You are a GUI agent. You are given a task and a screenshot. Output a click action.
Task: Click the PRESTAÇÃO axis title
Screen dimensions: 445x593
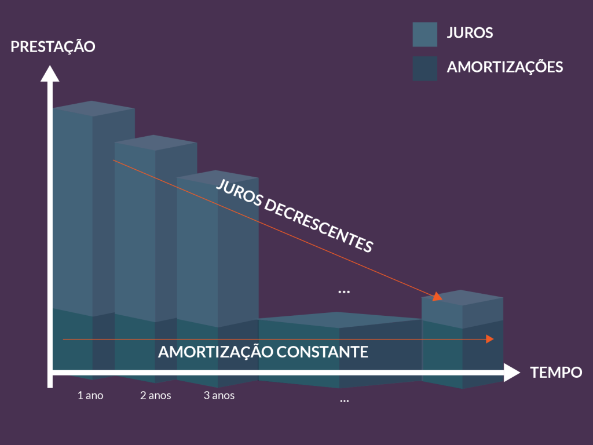[x=53, y=47]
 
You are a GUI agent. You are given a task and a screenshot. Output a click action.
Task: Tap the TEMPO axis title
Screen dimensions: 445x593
[x=556, y=373]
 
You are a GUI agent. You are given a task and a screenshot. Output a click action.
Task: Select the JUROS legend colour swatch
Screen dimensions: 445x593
[x=424, y=34]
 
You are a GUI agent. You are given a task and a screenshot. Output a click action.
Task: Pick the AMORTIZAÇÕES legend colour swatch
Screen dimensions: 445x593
[x=424, y=68]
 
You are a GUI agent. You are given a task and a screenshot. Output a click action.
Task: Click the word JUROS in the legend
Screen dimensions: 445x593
[x=470, y=33]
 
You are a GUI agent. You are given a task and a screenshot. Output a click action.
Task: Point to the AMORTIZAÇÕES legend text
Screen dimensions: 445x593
[x=504, y=67]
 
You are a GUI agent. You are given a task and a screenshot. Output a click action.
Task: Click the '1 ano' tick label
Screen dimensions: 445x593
[x=90, y=396]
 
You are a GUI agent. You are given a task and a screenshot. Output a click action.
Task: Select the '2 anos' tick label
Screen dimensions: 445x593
[x=155, y=396]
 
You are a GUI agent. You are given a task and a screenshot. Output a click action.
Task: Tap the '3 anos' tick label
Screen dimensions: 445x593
[x=219, y=396]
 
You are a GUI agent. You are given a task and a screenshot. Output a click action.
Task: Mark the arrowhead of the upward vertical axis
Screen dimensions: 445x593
[x=50, y=74]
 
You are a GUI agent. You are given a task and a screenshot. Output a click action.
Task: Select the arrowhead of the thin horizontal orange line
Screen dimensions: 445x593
[x=490, y=339]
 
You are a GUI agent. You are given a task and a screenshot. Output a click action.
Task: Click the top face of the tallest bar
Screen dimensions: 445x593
[x=93, y=108]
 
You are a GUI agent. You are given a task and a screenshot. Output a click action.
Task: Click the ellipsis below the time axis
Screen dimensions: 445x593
[x=344, y=400]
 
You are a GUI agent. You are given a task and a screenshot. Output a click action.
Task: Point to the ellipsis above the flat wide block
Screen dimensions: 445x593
[x=344, y=291]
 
